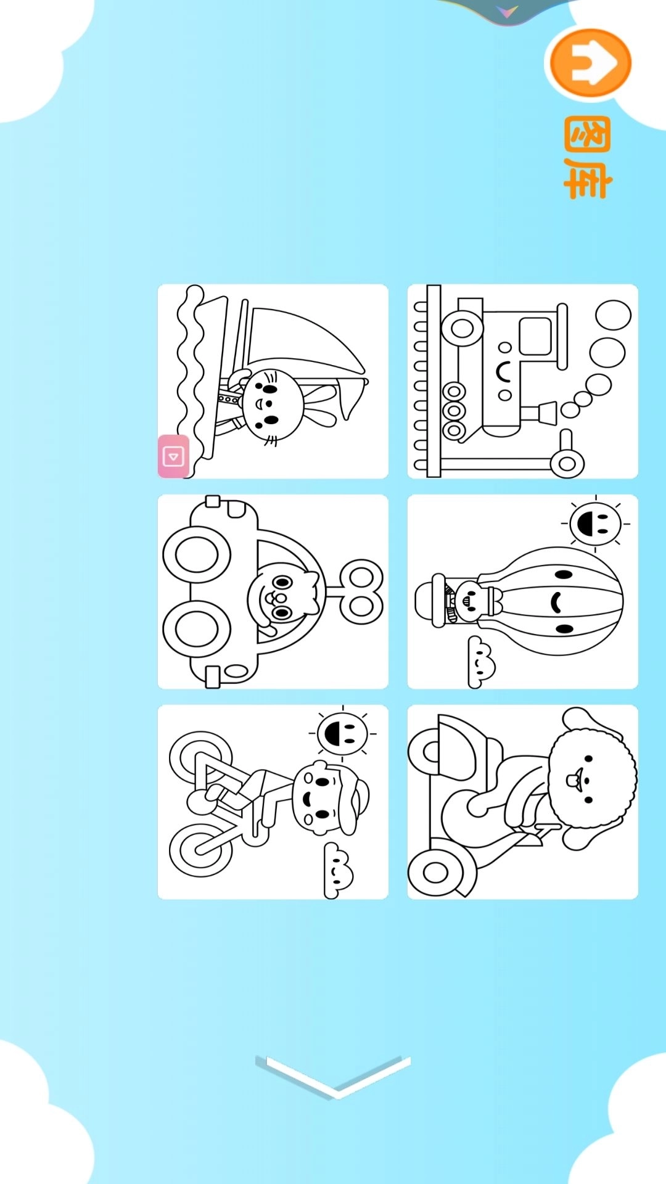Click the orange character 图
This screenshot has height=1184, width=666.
coord(587,134)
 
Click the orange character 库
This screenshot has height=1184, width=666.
coord(587,179)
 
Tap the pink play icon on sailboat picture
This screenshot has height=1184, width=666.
coord(173,456)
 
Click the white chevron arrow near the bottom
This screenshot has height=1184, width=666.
coord(333,1076)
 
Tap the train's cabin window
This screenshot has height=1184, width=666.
coord(535,336)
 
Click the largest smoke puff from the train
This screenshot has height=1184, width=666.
coord(613,314)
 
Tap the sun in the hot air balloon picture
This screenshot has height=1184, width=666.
coord(595,524)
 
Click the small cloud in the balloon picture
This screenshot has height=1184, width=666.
coord(480,662)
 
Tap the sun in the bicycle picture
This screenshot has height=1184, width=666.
coord(342,733)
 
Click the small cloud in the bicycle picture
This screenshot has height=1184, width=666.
coord(337,870)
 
